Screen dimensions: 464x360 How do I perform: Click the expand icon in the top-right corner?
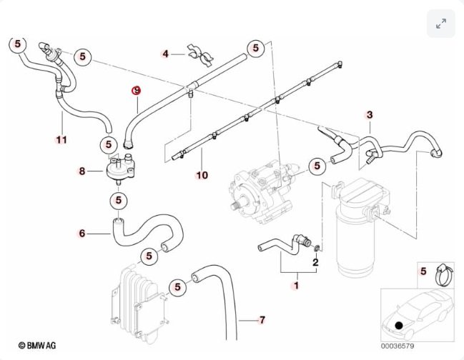coord(441,24)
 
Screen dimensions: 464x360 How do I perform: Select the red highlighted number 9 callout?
coord(137,91)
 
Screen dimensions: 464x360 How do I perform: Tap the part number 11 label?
coord(62,139)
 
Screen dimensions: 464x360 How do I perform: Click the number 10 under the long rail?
coord(202,175)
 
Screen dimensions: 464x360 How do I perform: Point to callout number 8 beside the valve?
coord(82,171)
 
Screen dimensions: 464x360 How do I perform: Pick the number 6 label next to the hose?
coord(82,233)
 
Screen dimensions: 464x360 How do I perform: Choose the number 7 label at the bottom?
coord(262,320)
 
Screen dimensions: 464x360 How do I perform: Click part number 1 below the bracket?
coord(295,286)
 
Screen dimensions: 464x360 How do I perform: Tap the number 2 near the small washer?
coord(315,262)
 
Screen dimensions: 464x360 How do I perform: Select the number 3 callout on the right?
coord(370,114)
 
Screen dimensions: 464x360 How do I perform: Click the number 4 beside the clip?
coord(165,54)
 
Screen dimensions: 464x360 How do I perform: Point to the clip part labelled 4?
coord(200,55)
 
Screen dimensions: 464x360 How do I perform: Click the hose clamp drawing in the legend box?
coord(444,275)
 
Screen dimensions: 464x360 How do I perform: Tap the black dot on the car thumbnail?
coord(399,326)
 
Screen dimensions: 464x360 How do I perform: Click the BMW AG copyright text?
coord(37,345)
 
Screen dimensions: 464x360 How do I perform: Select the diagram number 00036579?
coord(397,346)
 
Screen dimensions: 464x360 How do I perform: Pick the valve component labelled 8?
coord(120,170)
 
